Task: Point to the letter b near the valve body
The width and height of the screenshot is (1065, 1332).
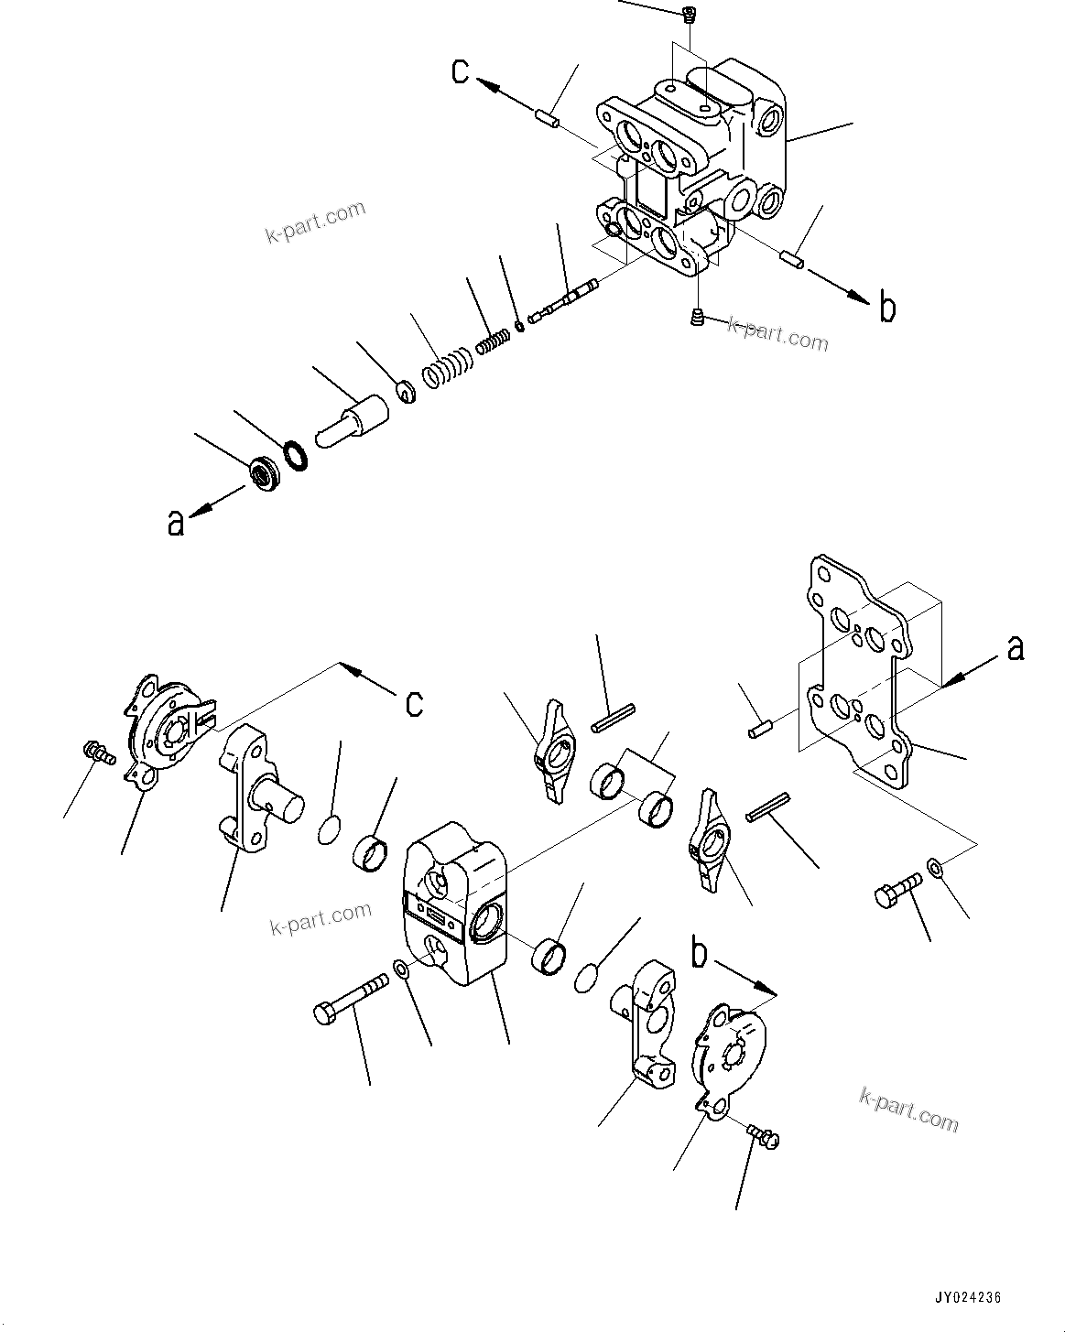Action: [886, 309]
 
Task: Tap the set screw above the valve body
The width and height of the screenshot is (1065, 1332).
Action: [688, 13]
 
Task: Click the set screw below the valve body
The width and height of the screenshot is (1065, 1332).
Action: [696, 318]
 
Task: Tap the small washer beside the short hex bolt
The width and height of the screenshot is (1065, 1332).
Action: [935, 865]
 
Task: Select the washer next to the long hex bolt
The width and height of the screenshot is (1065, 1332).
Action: [402, 969]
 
